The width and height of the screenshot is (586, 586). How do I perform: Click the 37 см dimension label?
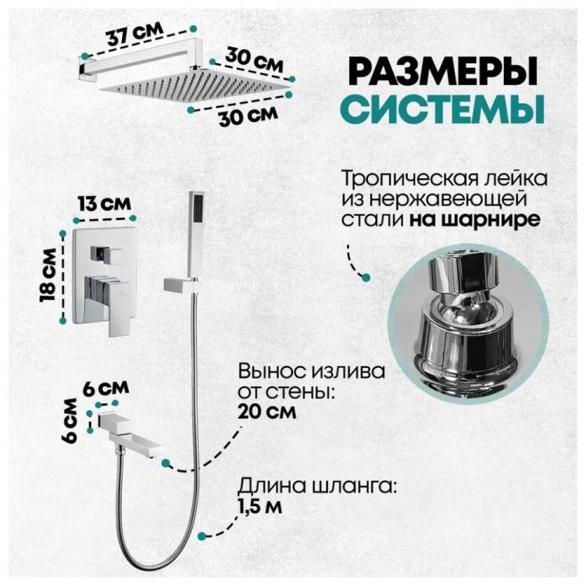[135, 34]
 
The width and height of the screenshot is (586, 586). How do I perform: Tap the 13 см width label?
[104, 204]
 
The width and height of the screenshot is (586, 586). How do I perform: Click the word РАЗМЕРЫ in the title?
[444, 70]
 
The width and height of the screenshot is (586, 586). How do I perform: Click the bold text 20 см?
[267, 413]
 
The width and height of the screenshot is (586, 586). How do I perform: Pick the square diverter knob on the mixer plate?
[105, 254]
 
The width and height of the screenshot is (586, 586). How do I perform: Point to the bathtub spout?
[130, 434]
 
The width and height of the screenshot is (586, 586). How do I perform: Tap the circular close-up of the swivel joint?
[468, 324]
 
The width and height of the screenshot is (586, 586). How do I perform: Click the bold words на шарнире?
[474, 220]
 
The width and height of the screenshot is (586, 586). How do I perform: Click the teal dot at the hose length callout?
[202, 536]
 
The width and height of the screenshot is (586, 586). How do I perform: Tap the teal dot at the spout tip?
[166, 463]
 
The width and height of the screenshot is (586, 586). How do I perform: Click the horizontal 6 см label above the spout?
[106, 388]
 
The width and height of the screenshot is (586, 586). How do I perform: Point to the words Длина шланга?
[317, 488]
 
